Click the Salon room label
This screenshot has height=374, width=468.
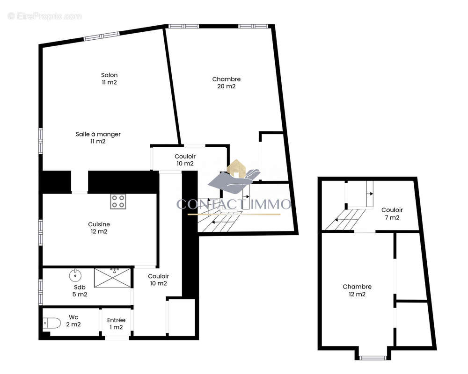coord(109,79)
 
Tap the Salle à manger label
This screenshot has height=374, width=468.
coord(98,137)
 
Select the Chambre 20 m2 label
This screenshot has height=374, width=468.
coord(226,83)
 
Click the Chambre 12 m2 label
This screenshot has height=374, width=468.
coord(357,290)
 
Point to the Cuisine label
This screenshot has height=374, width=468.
coord(99,228)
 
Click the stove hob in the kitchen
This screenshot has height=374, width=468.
coord(118,201)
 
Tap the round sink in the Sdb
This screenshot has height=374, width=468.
coord(75,274)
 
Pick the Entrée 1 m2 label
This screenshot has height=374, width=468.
coord(116,324)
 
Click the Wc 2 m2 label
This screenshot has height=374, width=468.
coord(73,321)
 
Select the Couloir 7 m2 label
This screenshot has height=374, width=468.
coord(392,214)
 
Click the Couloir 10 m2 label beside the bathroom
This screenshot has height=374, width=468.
coord(158,280)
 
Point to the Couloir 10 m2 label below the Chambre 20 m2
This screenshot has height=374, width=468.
coord(185,160)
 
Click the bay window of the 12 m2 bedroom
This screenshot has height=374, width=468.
coord(373,357)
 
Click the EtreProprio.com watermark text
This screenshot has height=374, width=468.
coord(45,16)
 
